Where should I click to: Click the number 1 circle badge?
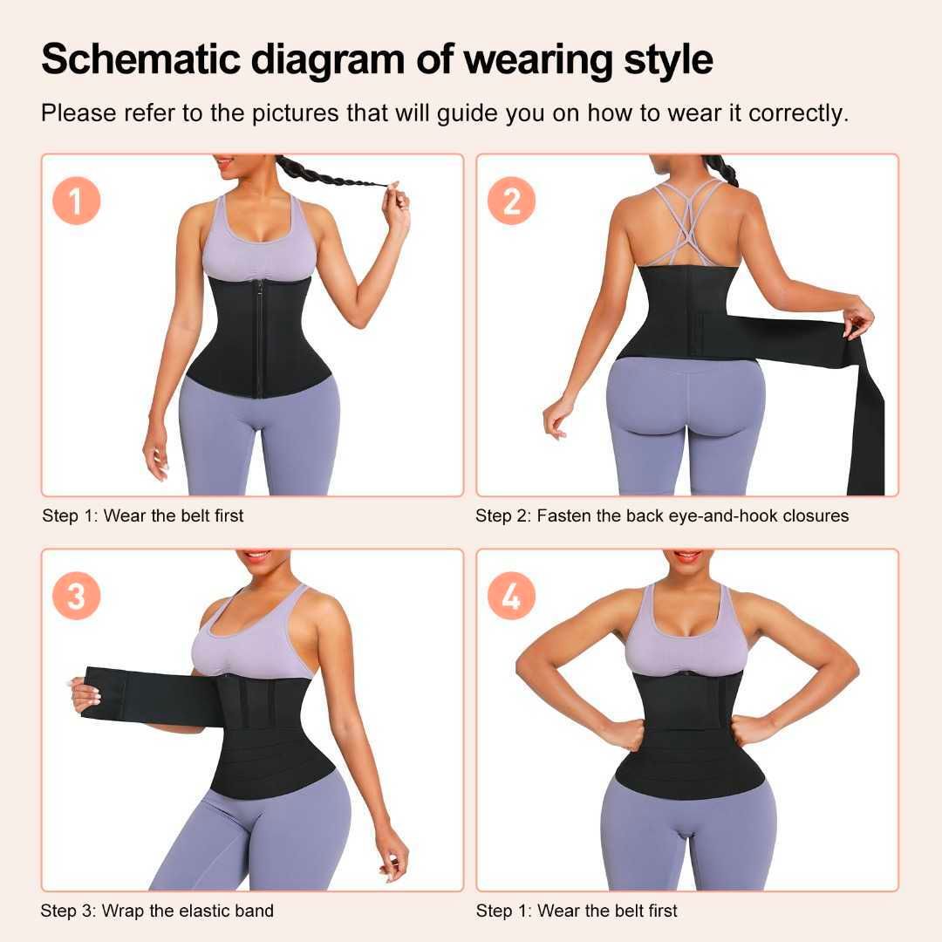[x=76, y=201]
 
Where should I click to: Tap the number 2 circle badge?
[x=511, y=201]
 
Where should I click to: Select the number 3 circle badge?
[x=76, y=596]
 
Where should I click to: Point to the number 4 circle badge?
[x=511, y=596]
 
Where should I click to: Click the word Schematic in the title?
[x=140, y=59]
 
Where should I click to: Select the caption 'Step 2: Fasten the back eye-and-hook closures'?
[x=661, y=515]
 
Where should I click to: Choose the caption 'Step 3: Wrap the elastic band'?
[x=157, y=911]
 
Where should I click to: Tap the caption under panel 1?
[x=142, y=515]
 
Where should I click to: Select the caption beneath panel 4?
[x=576, y=911]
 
